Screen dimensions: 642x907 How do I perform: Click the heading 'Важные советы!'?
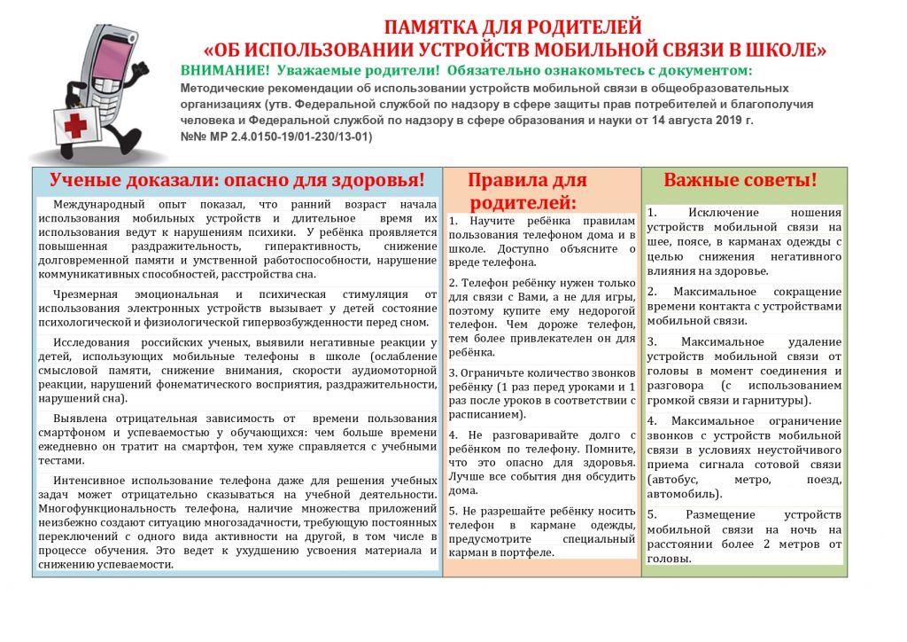740,180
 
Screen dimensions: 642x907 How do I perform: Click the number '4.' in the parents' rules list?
453,435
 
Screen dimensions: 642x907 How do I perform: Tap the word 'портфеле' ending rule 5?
528,552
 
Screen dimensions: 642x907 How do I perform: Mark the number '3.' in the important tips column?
653,341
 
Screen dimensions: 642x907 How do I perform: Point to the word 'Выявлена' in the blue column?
81,418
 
